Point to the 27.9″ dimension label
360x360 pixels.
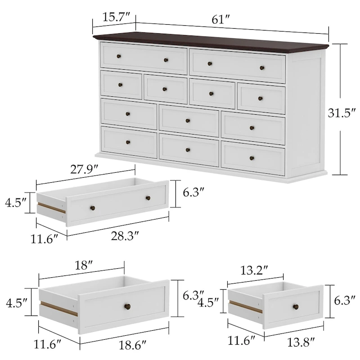point(85,170)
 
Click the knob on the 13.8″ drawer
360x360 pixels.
point(296,307)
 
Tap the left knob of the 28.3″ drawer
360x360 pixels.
point(93,207)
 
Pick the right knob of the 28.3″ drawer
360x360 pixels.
point(148,198)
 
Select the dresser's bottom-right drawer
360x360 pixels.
point(253,158)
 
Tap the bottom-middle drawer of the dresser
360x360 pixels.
point(188,150)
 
